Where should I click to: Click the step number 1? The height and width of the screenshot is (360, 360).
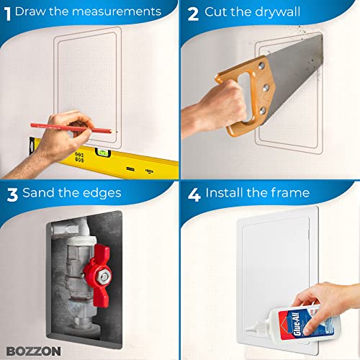click(x=7, y=12)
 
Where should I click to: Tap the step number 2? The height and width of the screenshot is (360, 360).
click(x=191, y=12)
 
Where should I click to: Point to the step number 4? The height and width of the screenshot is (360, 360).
click(x=192, y=193)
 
